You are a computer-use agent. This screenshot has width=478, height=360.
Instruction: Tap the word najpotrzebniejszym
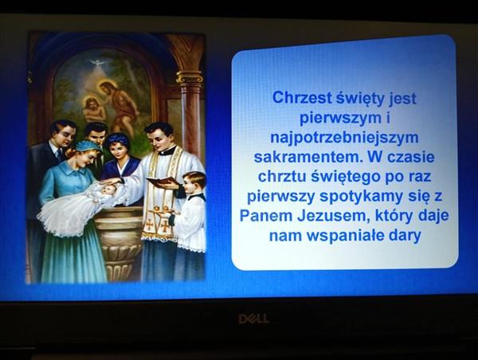tap(344, 138)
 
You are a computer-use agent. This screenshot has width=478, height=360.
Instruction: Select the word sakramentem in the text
tap(308, 157)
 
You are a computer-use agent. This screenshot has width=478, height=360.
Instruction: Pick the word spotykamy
tap(361, 197)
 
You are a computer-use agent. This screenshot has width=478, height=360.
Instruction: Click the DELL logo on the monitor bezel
tap(253, 319)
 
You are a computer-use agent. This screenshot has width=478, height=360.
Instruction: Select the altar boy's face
tap(190, 185)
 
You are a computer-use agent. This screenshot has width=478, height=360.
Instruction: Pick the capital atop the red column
tap(190, 77)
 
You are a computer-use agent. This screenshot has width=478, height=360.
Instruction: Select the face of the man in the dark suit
tap(66, 135)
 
